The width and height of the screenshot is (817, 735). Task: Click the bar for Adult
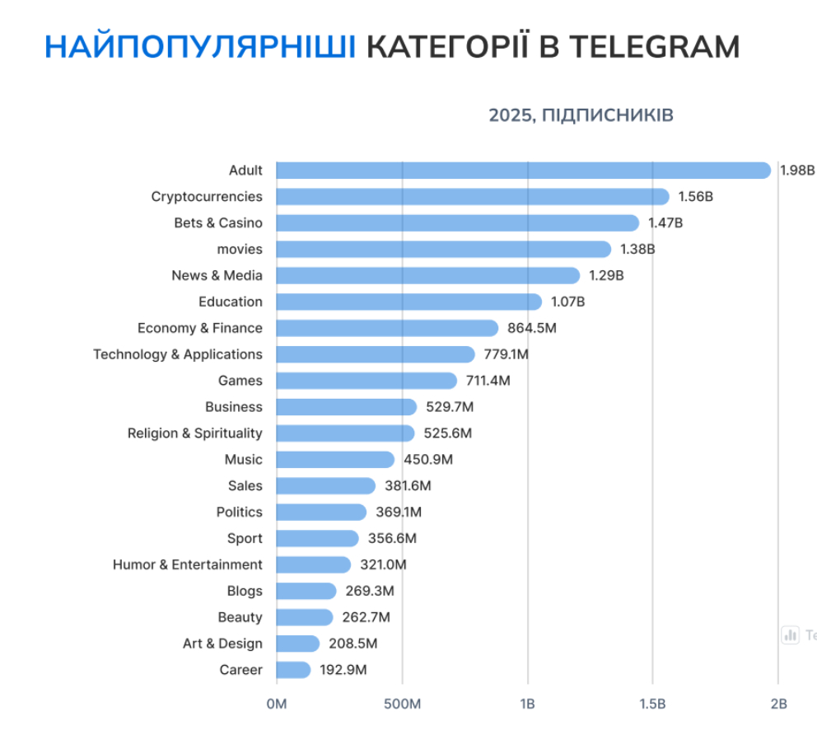pyautogui.click(x=523, y=171)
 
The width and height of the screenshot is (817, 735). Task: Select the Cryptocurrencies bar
pyautogui.click(x=473, y=197)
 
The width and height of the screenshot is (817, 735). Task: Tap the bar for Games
pyautogui.click(x=366, y=381)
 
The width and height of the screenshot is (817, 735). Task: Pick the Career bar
pyautogui.click(x=293, y=670)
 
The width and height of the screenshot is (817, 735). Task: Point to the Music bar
pyautogui.click(x=335, y=460)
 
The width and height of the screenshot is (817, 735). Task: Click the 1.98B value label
pyautogui.click(x=797, y=171)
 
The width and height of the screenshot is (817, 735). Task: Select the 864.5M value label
pyautogui.click(x=532, y=328)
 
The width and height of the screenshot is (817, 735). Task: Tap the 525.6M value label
pyautogui.click(x=448, y=433)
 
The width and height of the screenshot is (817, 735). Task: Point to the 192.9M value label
pyautogui.click(x=343, y=670)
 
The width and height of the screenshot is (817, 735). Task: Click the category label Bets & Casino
pyautogui.click(x=218, y=223)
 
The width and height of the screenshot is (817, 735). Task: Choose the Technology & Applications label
pyautogui.click(x=178, y=354)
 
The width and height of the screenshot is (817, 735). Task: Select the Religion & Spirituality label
pyautogui.click(x=195, y=433)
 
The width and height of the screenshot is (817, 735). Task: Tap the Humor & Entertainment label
pyautogui.click(x=188, y=564)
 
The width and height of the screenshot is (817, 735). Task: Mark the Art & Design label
pyautogui.click(x=222, y=644)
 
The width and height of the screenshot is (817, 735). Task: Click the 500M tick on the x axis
pyautogui.click(x=402, y=705)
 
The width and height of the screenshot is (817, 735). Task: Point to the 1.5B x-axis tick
pyautogui.click(x=652, y=705)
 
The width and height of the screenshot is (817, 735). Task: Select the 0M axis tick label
pyautogui.click(x=277, y=705)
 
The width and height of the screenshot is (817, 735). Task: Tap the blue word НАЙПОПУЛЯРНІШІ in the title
pyautogui.click(x=200, y=47)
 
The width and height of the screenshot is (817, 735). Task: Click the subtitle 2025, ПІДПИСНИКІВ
pyautogui.click(x=581, y=115)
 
